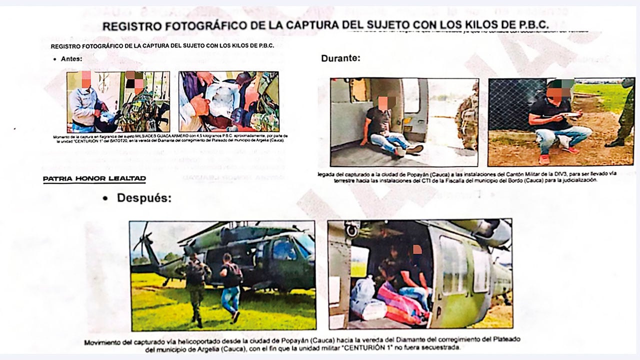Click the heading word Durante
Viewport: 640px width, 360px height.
[340, 58]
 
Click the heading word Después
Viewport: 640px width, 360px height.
[144, 198]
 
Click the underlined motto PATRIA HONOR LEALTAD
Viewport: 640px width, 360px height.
[94, 178]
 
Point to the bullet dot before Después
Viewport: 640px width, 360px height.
[105, 198]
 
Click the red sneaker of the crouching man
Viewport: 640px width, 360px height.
[544, 159]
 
